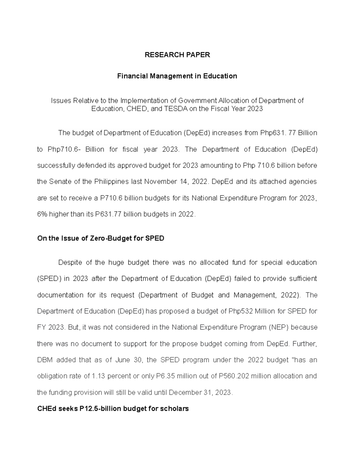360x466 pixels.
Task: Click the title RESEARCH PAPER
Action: (x=177, y=55)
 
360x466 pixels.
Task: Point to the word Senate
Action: (x=62, y=182)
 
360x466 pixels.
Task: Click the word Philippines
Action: (x=111, y=182)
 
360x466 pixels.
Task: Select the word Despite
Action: (x=70, y=263)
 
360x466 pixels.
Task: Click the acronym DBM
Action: (x=45, y=360)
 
